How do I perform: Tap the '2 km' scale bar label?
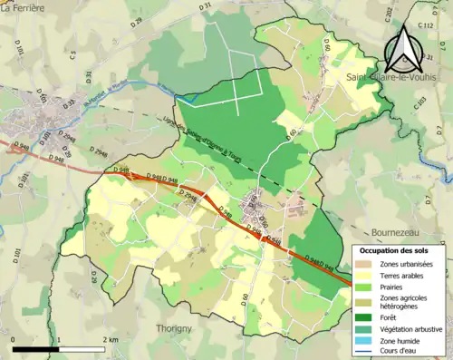point(111,340)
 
